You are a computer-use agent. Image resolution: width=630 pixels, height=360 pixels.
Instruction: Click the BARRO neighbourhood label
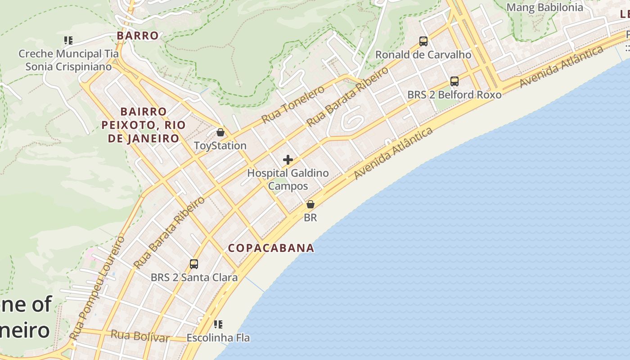tap(138, 36)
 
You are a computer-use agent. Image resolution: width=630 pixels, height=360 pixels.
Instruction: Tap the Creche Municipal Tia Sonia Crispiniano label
tap(68, 60)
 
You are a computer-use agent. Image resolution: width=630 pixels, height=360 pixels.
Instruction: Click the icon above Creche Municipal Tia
tap(68, 40)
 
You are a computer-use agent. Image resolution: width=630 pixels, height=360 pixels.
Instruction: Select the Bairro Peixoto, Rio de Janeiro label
tap(144, 125)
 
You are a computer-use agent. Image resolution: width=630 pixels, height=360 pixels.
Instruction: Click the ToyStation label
tap(220, 146)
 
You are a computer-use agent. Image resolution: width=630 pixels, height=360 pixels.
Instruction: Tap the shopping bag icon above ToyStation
tap(220, 132)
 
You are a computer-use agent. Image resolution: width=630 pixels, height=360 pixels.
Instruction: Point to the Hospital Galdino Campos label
tap(288, 180)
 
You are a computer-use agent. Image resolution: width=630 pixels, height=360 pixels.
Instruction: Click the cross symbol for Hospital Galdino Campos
tap(288, 160)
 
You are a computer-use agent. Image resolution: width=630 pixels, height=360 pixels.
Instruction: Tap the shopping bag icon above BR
tap(310, 204)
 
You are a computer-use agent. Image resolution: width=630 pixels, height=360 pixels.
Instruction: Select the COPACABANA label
tap(271, 248)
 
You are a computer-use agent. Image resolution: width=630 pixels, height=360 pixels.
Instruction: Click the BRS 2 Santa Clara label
tap(194, 277)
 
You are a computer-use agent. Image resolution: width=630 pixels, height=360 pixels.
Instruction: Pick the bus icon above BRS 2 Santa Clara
tap(194, 264)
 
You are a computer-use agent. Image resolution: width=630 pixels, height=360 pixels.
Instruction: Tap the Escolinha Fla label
tap(218, 337)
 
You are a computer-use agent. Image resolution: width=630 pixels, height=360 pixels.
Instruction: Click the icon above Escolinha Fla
tap(218, 324)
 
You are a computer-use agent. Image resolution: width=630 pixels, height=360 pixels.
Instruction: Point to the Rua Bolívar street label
tap(140, 336)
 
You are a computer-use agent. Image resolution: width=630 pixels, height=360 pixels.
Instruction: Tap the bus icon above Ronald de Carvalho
tap(423, 41)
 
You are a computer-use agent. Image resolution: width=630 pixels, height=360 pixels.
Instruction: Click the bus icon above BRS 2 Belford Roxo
tap(454, 81)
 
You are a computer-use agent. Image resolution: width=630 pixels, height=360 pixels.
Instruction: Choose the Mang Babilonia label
tap(544, 7)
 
